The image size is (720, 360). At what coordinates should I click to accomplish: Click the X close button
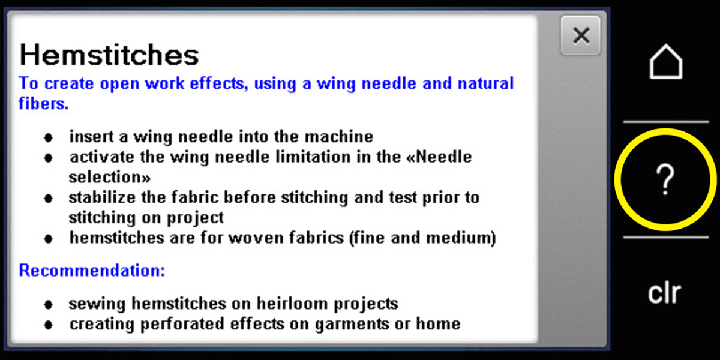click(580, 36)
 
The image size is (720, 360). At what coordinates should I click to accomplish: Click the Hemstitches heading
click(109, 55)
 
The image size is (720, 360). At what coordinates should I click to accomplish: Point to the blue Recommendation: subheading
click(92, 271)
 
